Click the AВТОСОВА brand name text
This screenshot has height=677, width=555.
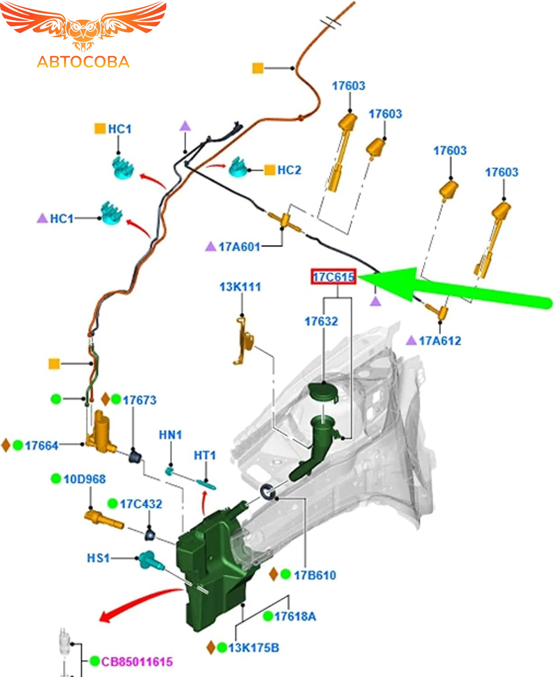[83, 62]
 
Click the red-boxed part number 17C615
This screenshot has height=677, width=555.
[334, 277]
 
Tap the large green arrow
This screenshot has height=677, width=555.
[451, 289]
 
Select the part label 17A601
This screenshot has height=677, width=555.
[239, 247]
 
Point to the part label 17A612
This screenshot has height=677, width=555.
[440, 341]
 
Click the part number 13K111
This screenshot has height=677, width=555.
[240, 287]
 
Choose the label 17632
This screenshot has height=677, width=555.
[321, 321]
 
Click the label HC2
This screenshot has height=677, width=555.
[289, 170]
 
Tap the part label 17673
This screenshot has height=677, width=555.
[139, 400]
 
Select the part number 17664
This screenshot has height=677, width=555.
[41, 445]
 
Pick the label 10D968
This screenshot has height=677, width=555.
[84, 479]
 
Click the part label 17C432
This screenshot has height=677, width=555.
[141, 504]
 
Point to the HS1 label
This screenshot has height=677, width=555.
[98, 558]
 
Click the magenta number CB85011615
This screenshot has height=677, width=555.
[137, 662]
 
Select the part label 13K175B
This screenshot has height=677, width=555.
[253, 648]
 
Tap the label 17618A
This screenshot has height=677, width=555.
[295, 616]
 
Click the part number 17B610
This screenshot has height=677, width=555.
[315, 575]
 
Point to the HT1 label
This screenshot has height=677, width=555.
[205, 455]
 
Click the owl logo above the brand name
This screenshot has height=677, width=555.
[83, 27]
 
